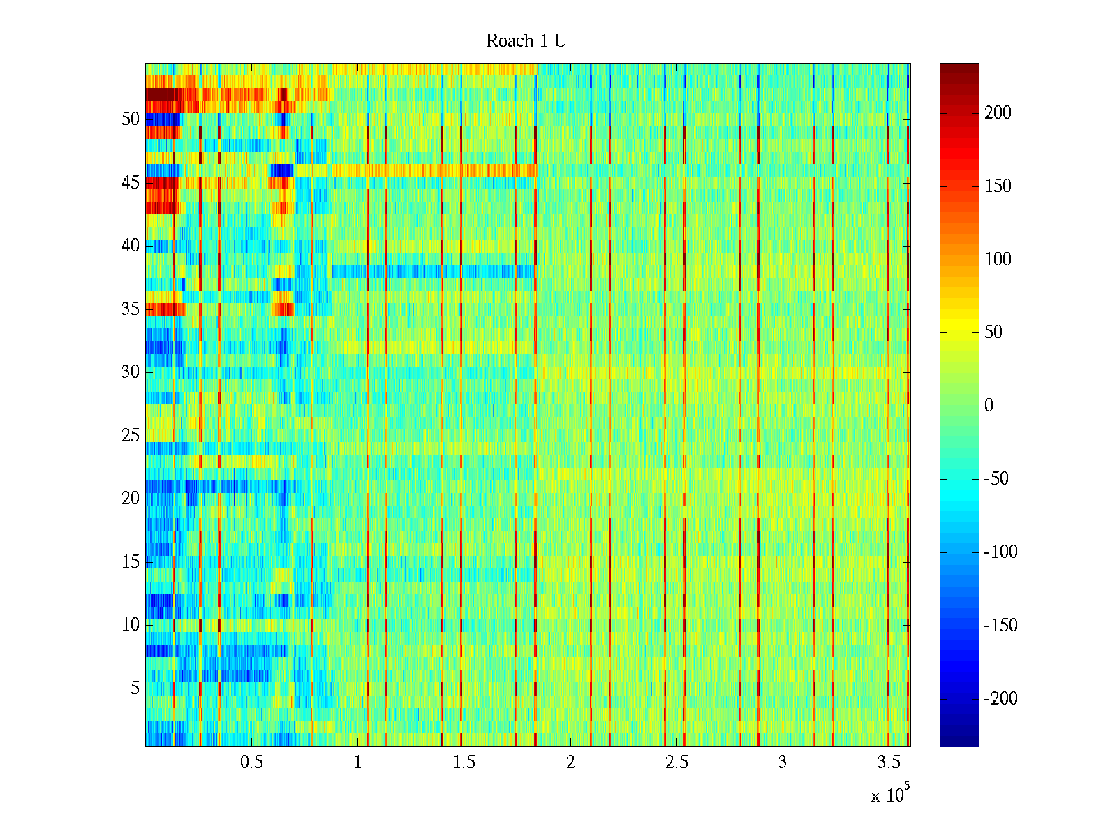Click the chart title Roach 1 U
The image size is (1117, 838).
tap(526, 41)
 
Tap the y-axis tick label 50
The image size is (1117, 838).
tap(131, 119)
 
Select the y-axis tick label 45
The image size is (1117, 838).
tap(131, 183)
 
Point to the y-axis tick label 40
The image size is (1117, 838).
tap(131, 246)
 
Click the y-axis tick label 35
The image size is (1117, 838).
tap(131, 309)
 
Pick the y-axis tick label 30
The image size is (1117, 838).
tap(131, 372)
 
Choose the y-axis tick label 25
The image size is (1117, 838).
tap(131, 436)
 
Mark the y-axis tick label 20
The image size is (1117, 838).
tap(131, 499)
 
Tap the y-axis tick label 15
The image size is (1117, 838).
tap(131, 561)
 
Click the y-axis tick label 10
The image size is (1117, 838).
tap(131, 625)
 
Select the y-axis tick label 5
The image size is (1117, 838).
tap(135, 689)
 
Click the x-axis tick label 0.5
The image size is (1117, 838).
tap(251, 763)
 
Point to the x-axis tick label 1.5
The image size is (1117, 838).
tap(464, 763)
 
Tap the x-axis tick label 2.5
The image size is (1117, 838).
tap(676, 763)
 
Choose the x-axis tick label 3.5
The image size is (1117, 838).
tap(888, 763)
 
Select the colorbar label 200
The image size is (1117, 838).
tap(998, 113)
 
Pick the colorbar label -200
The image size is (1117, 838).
tap(1000, 698)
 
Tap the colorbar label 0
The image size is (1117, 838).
tap(989, 406)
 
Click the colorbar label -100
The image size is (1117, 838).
tap(1000, 552)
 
